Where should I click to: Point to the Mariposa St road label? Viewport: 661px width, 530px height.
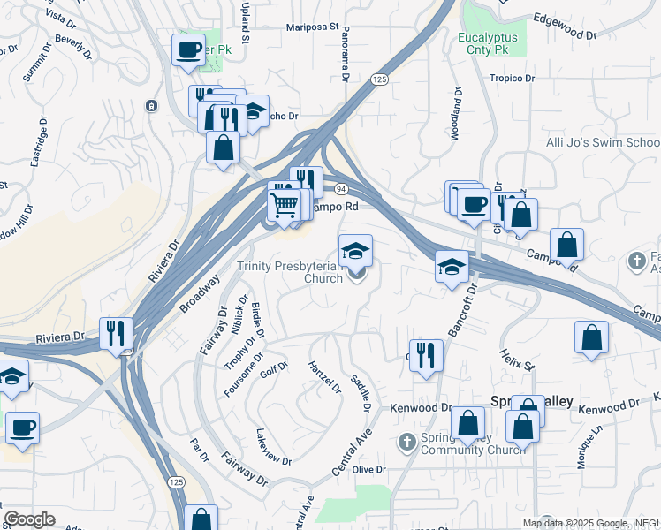[x=313, y=27]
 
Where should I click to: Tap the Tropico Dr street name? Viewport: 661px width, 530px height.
[x=513, y=79]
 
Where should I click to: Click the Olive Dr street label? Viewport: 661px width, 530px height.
[x=369, y=469]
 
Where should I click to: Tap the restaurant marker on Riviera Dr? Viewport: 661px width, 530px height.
[x=117, y=333]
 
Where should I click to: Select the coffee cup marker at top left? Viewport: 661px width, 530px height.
[x=188, y=49]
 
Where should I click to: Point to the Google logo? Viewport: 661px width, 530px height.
[x=29, y=519]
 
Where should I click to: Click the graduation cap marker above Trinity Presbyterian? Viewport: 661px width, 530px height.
[x=355, y=250]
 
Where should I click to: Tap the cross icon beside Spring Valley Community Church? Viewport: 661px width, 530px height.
[x=406, y=441]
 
